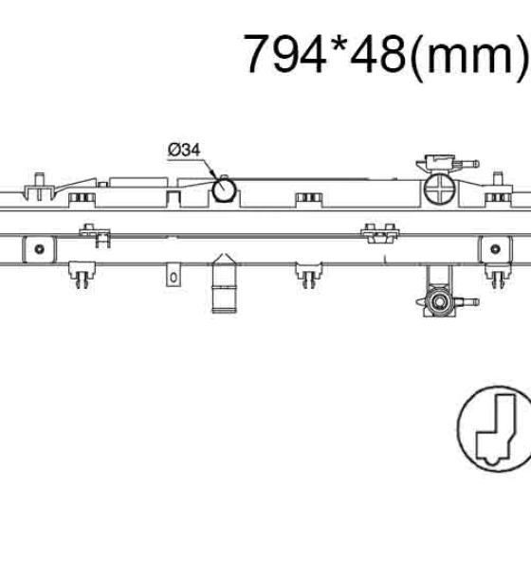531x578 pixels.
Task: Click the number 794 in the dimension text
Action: click(x=284, y=53)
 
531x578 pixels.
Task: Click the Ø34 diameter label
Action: click(x=184, y=150)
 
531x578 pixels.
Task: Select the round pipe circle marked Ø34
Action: click(x=224, y=190)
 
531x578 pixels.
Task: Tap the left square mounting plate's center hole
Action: click(x=39, y=249)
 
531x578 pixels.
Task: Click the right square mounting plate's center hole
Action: click(x=495, y=249)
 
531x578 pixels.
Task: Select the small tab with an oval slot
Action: click(x=173, y=275)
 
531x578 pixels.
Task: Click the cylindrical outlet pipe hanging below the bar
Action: click(x=224, y=283)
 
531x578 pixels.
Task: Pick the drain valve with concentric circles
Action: click(x=439, y=301)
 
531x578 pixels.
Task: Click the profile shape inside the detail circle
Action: click(x=495, y=430)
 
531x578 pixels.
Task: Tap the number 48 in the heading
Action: click(x=378, y=53)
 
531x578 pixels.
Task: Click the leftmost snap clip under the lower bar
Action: click(x=82, y=275)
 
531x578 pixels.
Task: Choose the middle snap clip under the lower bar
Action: click(x=309, y=275)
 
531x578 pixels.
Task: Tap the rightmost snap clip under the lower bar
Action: click(x=498, y=275)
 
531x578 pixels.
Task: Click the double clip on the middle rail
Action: click(x=380, y=233)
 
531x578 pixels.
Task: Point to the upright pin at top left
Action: click(x=39, y=187)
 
